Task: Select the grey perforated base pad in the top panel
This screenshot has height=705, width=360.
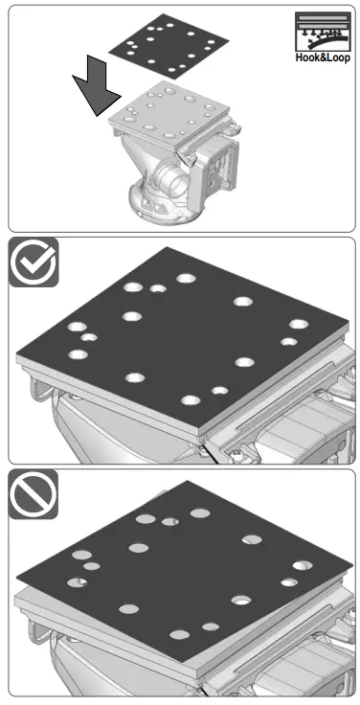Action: point(172,116)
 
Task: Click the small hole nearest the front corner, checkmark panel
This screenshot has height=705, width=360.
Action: point(220,391)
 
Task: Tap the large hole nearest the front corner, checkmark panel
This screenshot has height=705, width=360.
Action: point(190,400)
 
